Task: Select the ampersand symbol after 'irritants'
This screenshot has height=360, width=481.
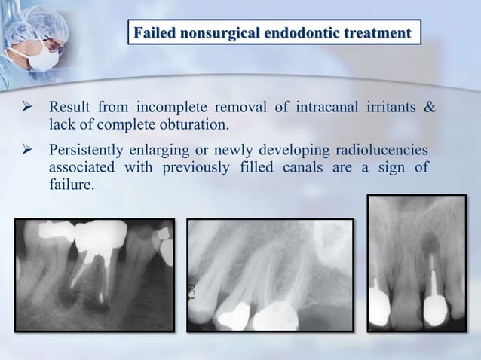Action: coord(430,107)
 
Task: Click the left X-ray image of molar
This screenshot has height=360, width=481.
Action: coord(94,275)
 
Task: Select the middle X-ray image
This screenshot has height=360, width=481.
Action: coord(270,275)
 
